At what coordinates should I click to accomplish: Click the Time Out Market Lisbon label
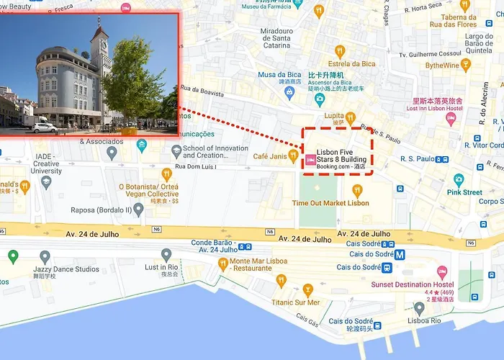(x=330, y=203)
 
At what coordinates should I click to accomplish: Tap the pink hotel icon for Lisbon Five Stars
(x=310, y=160)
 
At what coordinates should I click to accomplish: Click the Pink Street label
(x=464, y=192)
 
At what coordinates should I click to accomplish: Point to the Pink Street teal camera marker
(x=459, y=180)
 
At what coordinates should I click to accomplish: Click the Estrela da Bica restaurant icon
(x=340, y=51)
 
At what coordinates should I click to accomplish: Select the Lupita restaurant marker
(x=350, y=117)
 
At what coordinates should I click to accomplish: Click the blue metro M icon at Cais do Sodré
(x=398, y=254)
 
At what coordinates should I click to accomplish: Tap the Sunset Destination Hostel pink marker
(x=442, y=272)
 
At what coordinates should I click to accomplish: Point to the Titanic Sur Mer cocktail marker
(x=308, y=290)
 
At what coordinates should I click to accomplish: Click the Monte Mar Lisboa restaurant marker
(x=222, y=264)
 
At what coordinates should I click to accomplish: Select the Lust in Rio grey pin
(x=166, y=255)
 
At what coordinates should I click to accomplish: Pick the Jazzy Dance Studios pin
(x=45, y=257)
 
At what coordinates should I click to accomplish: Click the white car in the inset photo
(x=45, y=127)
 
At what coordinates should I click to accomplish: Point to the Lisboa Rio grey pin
(x=419, y=308)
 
